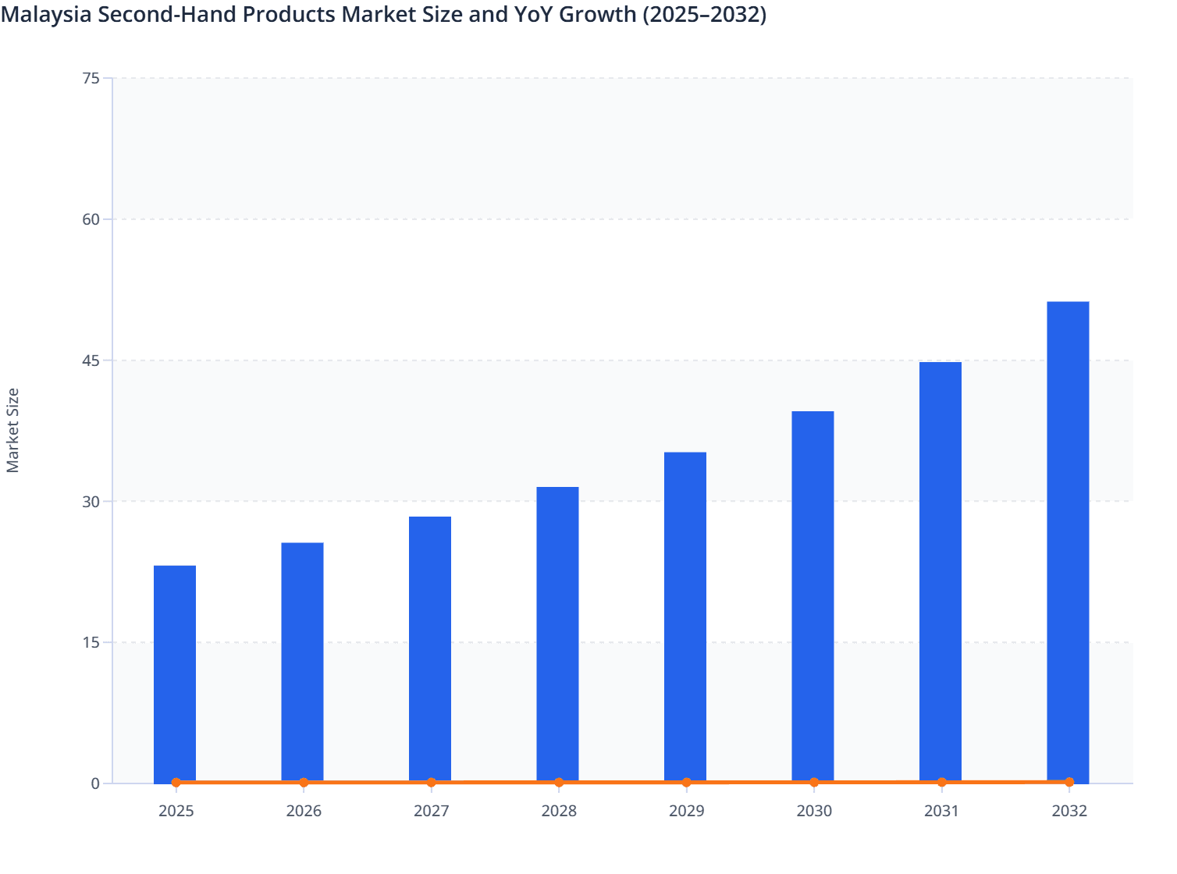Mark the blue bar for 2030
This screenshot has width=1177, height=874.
[x=813, y=596]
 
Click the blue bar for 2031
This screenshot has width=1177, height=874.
[x=941, y=571]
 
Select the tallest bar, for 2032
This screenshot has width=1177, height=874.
[x=1068, y=542]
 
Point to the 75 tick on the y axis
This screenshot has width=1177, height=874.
[x=91, y=78]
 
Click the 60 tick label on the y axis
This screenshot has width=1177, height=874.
[x=91, y=219]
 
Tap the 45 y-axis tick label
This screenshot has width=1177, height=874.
[x=91, y=361]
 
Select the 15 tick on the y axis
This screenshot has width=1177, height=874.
[x=91, y=642]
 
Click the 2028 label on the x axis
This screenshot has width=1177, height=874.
[x=559, y=812]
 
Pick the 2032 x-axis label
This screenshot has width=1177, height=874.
[x=1069, y=812]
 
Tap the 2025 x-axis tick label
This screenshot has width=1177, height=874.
[x=176, y=812]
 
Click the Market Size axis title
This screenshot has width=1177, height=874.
[x=13, y=430]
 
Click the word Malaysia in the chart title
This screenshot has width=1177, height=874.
[x=47, y=14]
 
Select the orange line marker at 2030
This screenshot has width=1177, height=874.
[x=814, y=782]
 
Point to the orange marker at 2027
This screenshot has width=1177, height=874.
[x=431, y=782]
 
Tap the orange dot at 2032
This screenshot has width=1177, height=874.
[x=1069, y=782]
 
